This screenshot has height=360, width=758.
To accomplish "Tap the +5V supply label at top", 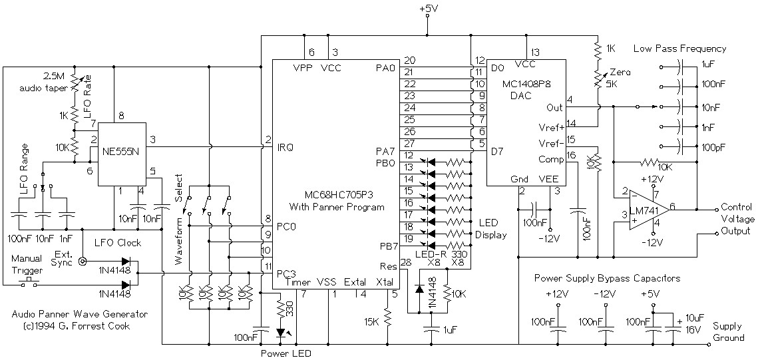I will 428,9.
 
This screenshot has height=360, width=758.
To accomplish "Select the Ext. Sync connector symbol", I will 83,262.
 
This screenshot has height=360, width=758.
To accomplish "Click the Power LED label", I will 285,353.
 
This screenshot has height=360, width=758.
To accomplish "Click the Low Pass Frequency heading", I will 679,49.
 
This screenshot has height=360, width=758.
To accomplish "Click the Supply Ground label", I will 728,331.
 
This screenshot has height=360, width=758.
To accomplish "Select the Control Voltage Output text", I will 738,219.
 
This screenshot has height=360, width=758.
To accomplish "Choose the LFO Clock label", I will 118,244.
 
